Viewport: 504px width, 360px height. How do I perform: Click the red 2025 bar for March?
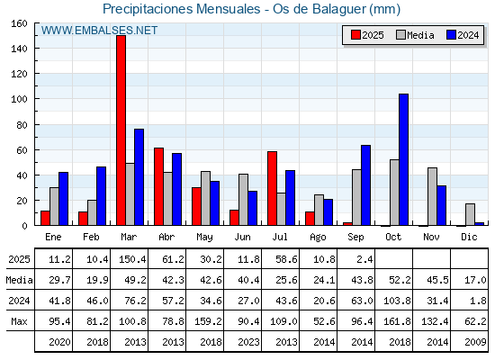pyautogui.click(x=121, y=130)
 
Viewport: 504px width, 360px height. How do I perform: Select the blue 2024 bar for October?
pyautogui.click(x=404, y=159)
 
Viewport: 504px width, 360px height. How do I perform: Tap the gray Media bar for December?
pyautogui.click(x=470, y=214)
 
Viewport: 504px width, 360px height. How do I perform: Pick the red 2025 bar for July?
pyautogui.click(x=272, y=188)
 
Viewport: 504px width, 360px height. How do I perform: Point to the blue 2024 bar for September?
pyautogui.click(x=365, y=185)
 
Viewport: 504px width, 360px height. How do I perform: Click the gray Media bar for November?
pyautogui.click(x=432, y=196)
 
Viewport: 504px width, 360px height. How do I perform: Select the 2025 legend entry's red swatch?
pyautogui.click(x=355, y=35)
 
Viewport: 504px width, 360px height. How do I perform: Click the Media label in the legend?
pyautogui.click(x=420, y=35)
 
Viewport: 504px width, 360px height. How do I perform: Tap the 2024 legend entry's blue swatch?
pyautogui.click(x=451, y=35)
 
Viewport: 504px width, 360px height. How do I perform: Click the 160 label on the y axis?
pyautogui.click(x=20, y=23)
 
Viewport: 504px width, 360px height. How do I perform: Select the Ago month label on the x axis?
pyautogui.click(x=318, y=238)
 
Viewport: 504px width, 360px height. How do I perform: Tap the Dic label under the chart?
pyautogui.click(x=469, y=237)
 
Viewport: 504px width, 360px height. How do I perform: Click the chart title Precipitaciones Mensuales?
pyautogui.click(x=181, y=9)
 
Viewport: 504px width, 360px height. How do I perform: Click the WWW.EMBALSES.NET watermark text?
pyautogui.click(x=99, y=31)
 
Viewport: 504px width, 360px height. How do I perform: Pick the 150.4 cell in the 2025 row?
pyautogui.click(x=132, y=259)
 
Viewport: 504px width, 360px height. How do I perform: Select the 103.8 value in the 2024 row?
pyautogui.click(x=397, y=301)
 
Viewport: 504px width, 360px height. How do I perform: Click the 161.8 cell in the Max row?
pyautogui.click(x=397, y=321)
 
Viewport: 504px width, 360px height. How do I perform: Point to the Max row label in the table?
pyautogui.click(x=19, y=321)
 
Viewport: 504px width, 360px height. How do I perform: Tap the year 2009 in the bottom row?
pyautogui.click(x=475, y=342)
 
